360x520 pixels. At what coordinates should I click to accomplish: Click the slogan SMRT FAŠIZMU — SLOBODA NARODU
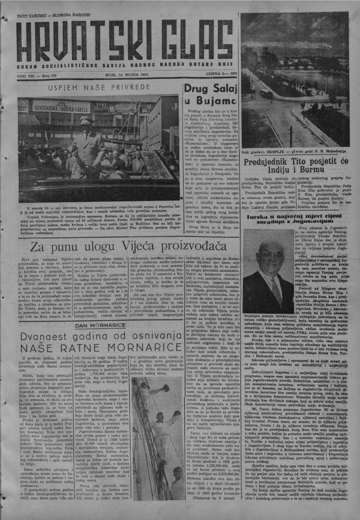[x=53, y=15]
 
